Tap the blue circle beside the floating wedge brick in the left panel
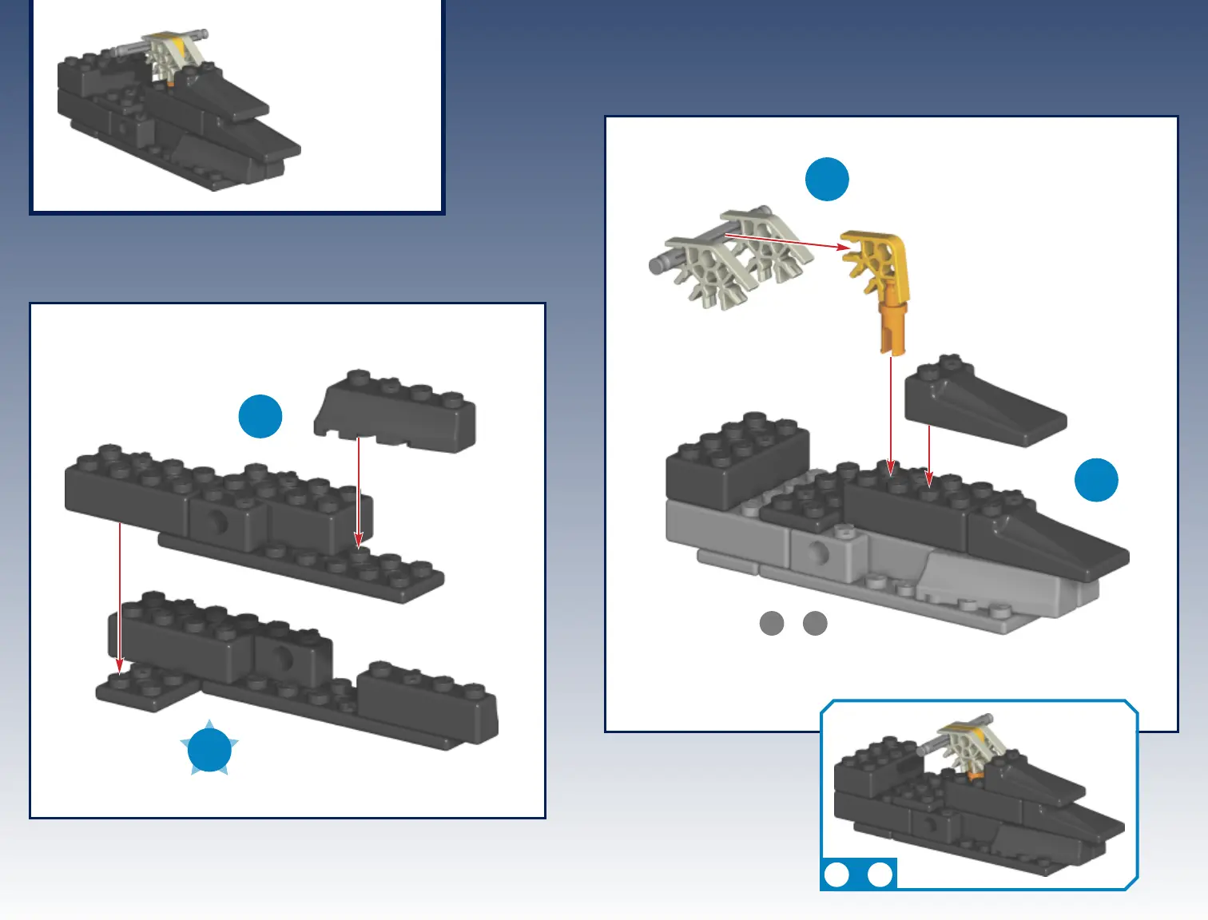click(x=260, y=416)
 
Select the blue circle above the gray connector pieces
click(x=827, y=179)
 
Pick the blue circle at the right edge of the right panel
click(x=1096, y=480)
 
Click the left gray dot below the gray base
click(x=772, y=623)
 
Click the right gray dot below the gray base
click(x=815, y=623)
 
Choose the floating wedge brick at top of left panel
click(x=396, y=410)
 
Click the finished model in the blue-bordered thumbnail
click(x=975, y=799)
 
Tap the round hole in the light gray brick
click(x=817, y=551)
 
